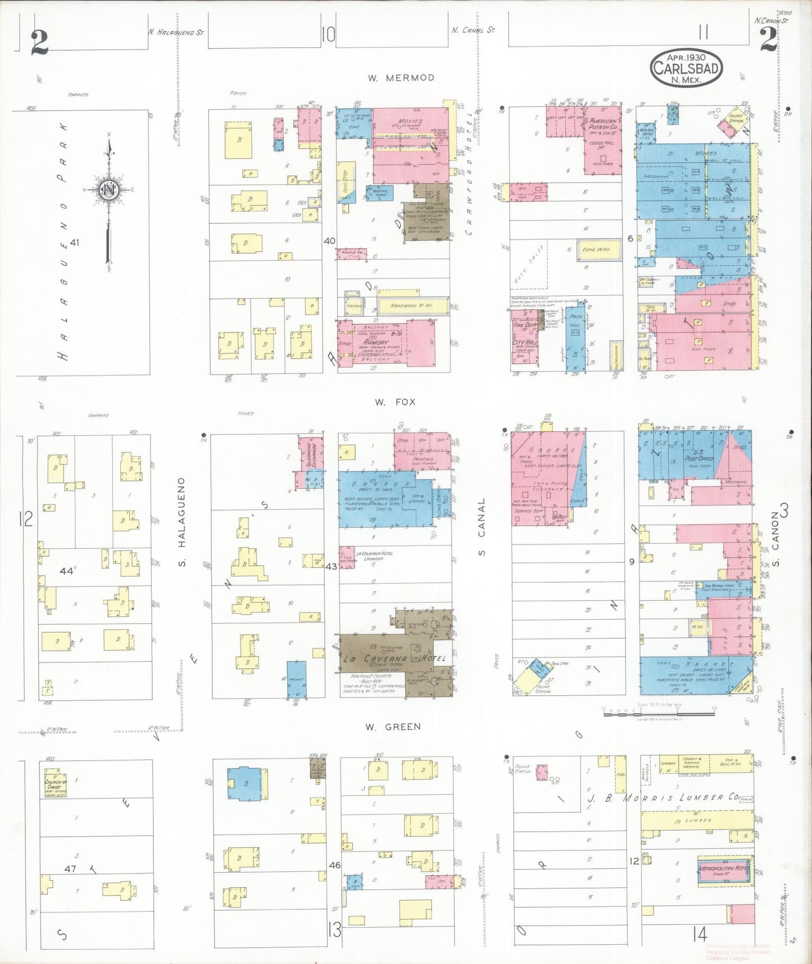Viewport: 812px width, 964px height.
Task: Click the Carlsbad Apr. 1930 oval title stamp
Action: [686, 67]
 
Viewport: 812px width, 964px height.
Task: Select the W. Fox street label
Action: [395, 402]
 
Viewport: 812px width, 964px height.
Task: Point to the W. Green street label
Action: [393, 727]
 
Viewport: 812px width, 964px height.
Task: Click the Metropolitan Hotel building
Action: [723, 873]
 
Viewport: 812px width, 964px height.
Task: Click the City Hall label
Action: [525, 342]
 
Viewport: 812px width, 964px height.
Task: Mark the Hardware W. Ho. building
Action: [412, 306]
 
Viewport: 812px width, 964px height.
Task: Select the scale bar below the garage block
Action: [659, 713]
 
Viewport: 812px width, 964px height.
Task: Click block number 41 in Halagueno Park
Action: [74, 242]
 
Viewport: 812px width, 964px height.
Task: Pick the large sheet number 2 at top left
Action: [39, 42]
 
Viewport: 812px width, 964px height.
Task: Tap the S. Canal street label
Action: [482, 527]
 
